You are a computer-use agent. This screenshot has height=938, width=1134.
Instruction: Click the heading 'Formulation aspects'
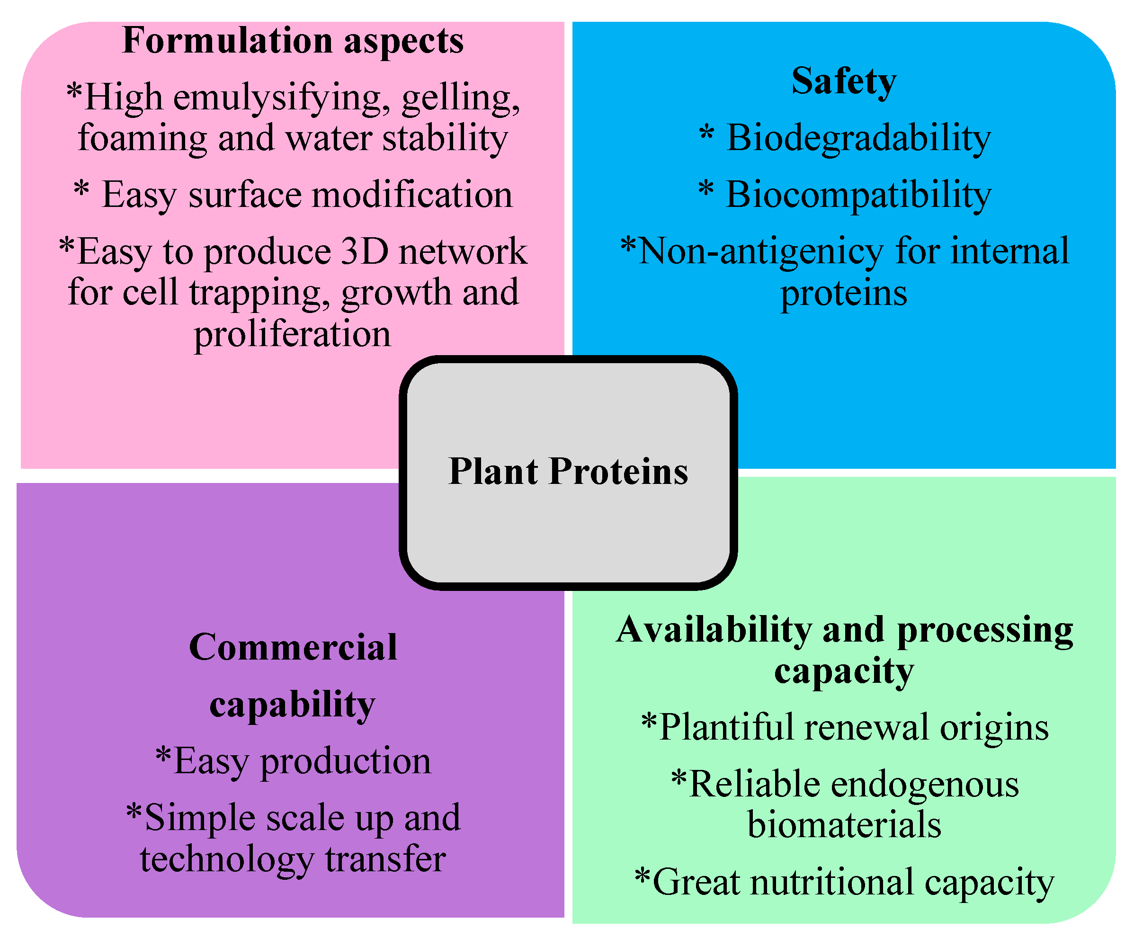pos(293,41)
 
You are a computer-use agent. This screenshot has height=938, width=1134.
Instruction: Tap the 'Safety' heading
pos(844,81)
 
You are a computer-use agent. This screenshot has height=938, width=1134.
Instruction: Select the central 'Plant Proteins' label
pos(568,472)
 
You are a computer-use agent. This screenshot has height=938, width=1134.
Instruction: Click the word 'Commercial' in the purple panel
pos(293,647)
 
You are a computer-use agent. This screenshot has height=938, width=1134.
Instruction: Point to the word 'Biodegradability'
pos(858,138)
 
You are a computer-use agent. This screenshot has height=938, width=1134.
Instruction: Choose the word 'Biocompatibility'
pos(858,195)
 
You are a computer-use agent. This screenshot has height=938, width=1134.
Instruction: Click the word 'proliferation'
pos(292,334)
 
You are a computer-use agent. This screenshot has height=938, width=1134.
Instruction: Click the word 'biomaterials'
pos(844,825)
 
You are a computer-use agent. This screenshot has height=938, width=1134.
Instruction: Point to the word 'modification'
pos(412,195)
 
